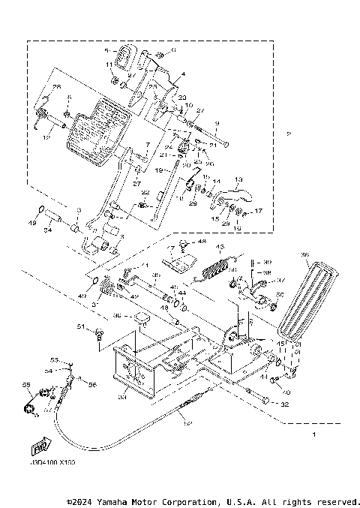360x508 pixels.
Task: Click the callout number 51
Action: point(79,326)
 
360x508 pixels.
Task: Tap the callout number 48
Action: point(202,242)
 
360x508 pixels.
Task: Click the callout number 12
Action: point(46,137)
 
